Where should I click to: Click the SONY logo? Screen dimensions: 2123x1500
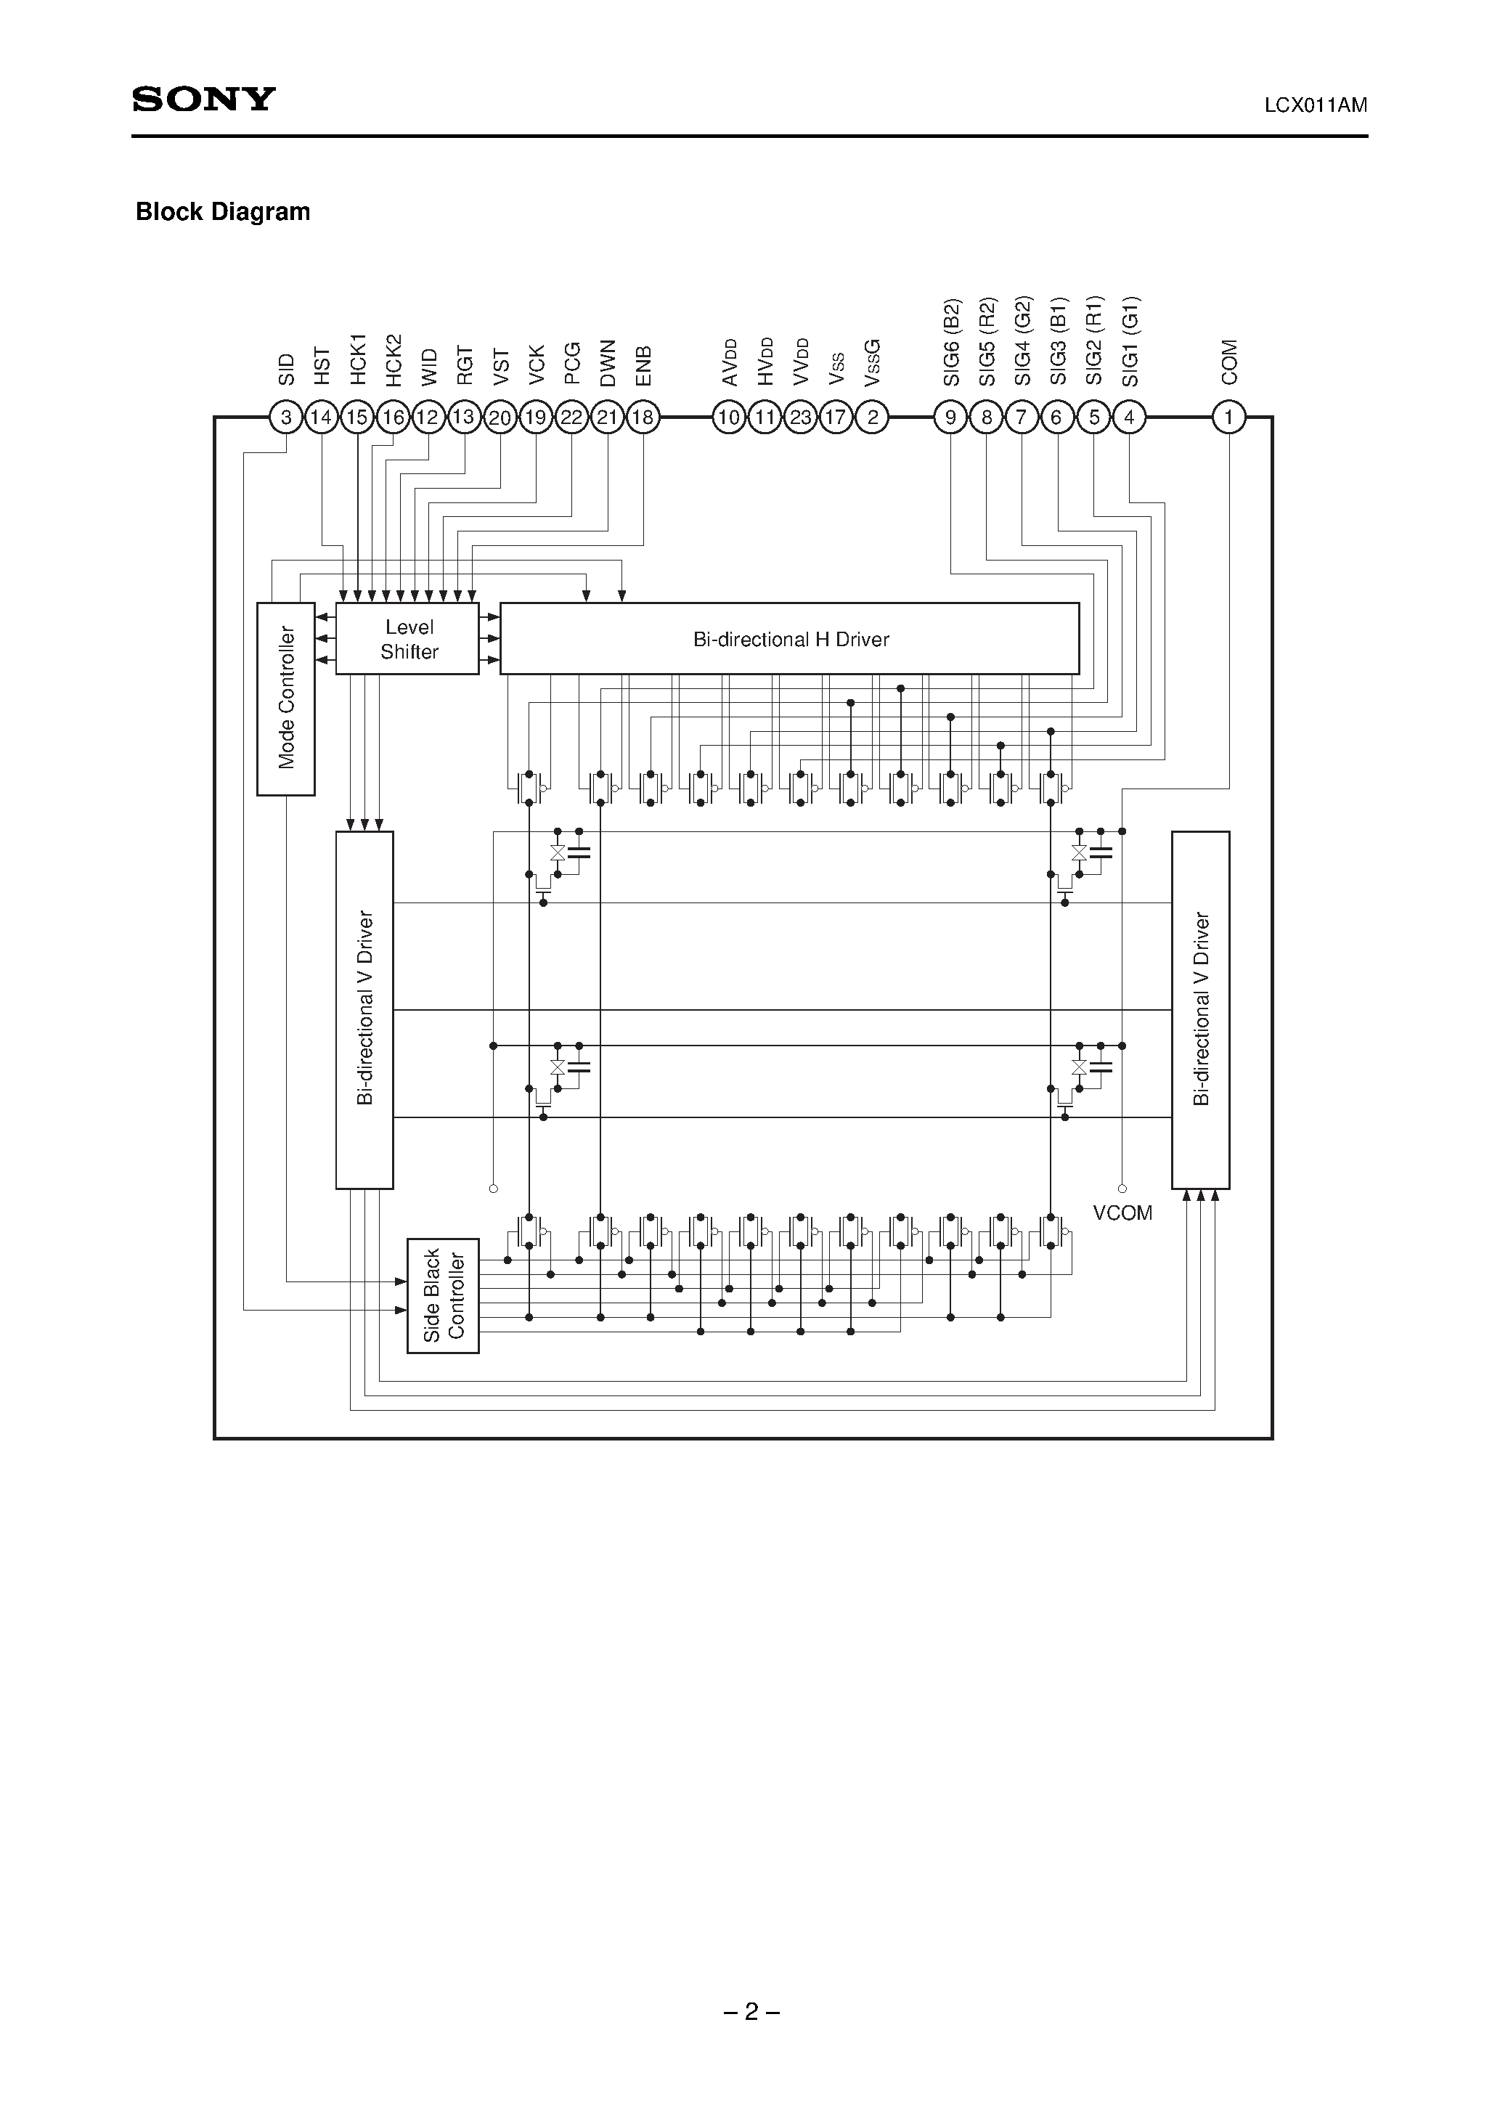[x=204, y=99]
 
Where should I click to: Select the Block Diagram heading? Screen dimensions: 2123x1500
[x=223, y=212]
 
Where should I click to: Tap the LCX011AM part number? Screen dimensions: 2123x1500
[x=1315, y=105]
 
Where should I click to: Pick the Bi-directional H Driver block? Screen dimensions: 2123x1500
[x=790, y=639]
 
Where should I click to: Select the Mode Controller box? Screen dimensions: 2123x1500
[x=286, y=698]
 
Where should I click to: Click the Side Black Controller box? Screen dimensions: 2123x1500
[x=443, y=1295]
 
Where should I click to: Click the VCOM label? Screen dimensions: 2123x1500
[x=1122, y=1213]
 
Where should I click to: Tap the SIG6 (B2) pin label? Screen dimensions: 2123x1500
[x=953, y=342]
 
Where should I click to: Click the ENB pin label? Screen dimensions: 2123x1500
[x=644, y=365]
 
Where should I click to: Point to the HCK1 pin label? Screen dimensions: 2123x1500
[x=358, y=359]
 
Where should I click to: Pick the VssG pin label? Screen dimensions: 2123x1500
[x=872, y=362]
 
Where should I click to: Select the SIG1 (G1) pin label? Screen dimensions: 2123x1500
[x=1131, y=342]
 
